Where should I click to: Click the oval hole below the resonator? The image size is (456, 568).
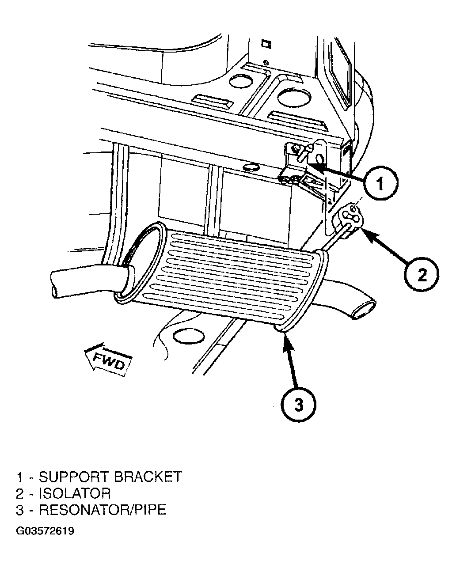[189, 336]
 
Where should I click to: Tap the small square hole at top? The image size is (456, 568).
[266, 44]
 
